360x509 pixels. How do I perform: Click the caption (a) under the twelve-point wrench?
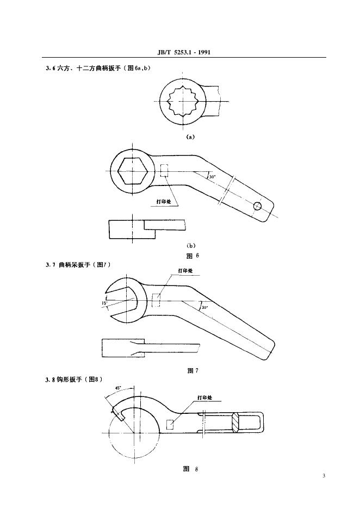(x=190, y=138)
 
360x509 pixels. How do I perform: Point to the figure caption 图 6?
(x=190, y=255)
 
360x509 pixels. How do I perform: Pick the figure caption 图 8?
(x=191, y=468)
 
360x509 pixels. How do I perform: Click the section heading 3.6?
(x=97, y=67)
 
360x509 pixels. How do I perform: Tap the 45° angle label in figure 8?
(x=118, y=388)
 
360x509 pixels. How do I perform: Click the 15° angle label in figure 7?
(x=103, y=303)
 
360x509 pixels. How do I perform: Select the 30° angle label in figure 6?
(x=212, y=176)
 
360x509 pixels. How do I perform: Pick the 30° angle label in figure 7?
(x=204, y=307)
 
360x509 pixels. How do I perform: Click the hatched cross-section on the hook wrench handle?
(x=235, y=421)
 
